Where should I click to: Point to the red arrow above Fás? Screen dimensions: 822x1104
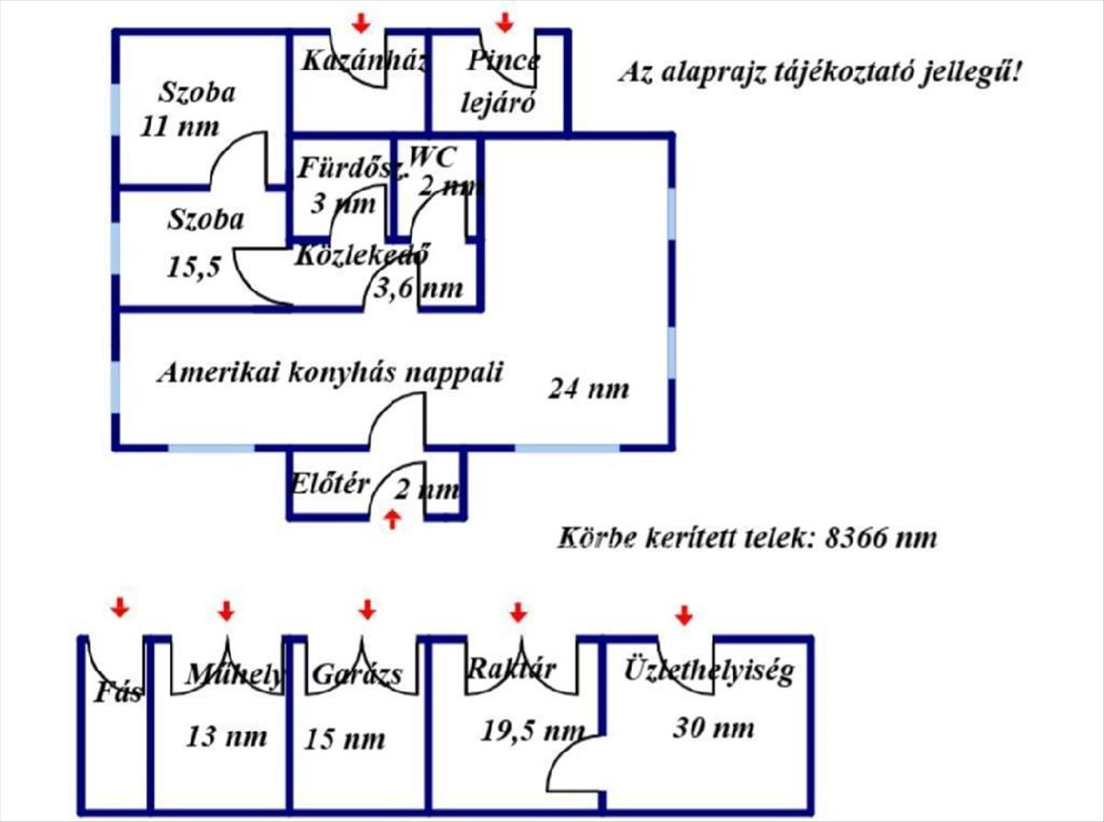pos(119,607)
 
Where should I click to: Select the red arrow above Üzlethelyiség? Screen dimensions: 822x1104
pos(683,614)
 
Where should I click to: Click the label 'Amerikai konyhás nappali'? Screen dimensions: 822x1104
pos(330,373)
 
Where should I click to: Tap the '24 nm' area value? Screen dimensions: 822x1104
pos(589,389)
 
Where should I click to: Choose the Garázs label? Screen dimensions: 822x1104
pos(357,675)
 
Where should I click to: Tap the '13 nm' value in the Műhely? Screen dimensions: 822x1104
pos(227,736)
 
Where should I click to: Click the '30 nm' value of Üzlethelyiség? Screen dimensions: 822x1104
pos(713,728)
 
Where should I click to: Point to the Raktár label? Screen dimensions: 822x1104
pos(511,668)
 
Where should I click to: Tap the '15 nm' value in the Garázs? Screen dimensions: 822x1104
pos(345,738)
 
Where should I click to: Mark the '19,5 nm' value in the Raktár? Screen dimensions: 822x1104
pos(533,731)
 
